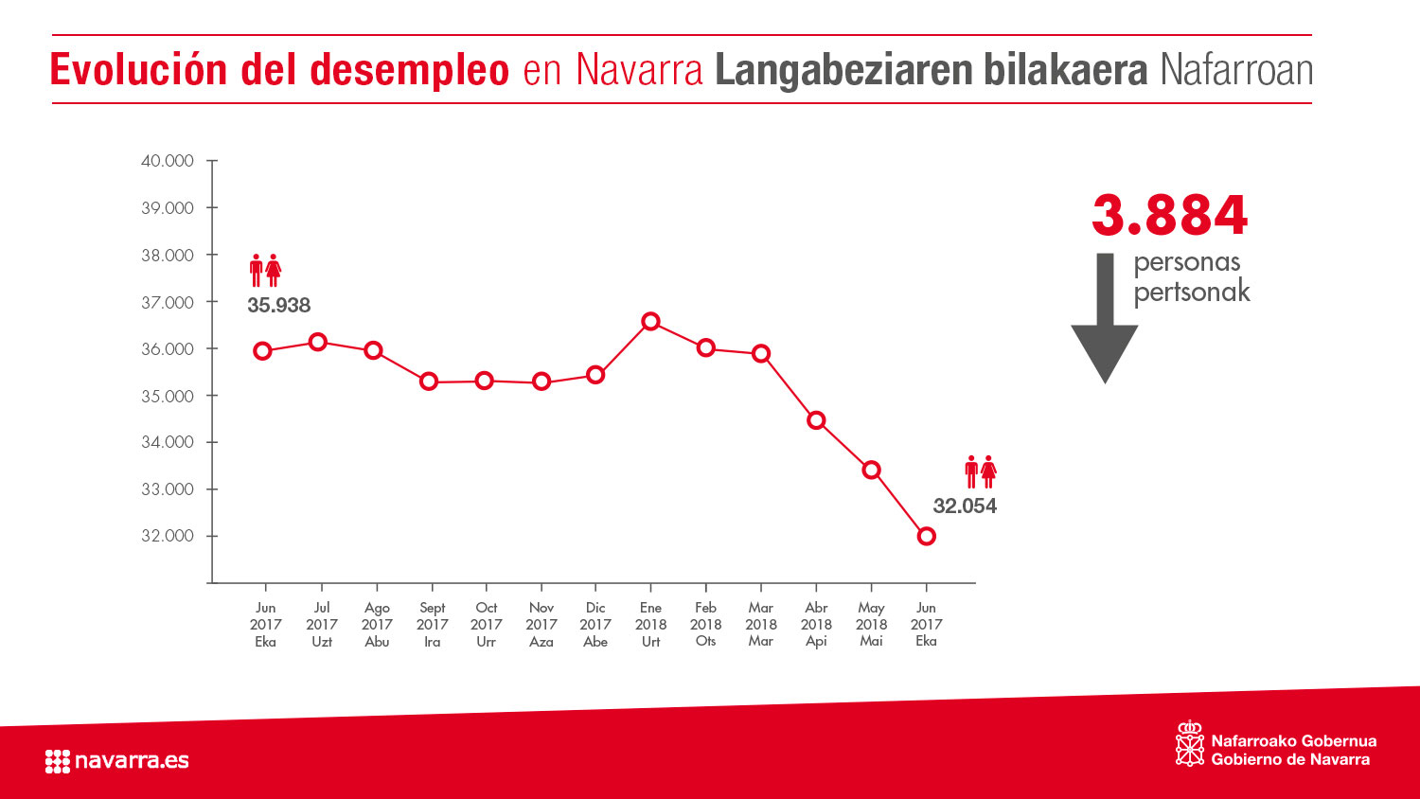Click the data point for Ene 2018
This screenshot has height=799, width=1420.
coord(650,322)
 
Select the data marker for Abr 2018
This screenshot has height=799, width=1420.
coord(816,420)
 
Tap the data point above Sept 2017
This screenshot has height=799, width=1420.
coord(429,382)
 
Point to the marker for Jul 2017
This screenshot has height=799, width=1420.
coord(318,342)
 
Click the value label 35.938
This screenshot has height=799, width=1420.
coord(278,305)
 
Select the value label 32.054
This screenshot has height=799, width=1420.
coord(965,506)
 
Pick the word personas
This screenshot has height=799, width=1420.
coord(1187,261)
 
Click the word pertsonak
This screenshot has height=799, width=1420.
coord(1192,292)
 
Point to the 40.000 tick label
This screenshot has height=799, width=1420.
coord(168,161)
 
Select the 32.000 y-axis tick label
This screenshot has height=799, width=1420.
coord(168,536)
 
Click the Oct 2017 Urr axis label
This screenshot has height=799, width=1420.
coord(486,624)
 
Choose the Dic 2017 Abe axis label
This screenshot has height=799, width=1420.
coord(595,624)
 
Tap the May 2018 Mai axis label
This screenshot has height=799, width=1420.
coord(871,624)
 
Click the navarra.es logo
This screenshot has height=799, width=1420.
coord(116,760)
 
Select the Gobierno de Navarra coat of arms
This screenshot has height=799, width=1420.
coord(1189,744)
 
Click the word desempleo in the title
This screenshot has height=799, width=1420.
coord(409,70)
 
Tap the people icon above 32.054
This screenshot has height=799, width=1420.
coord(981,471)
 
